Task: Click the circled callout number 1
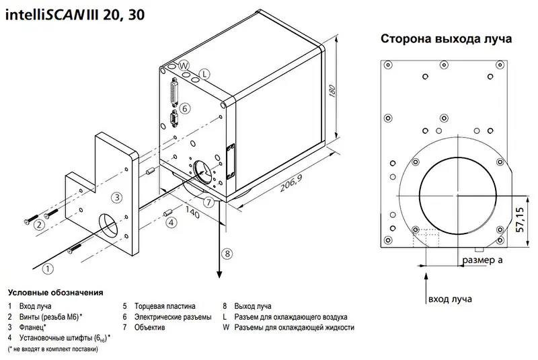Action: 48,268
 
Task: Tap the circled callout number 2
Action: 40,225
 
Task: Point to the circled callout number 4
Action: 171,222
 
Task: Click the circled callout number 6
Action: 186,108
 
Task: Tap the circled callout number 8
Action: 228,254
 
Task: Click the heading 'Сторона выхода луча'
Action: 446,39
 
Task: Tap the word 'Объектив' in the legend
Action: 153,328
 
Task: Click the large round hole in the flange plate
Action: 110,227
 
